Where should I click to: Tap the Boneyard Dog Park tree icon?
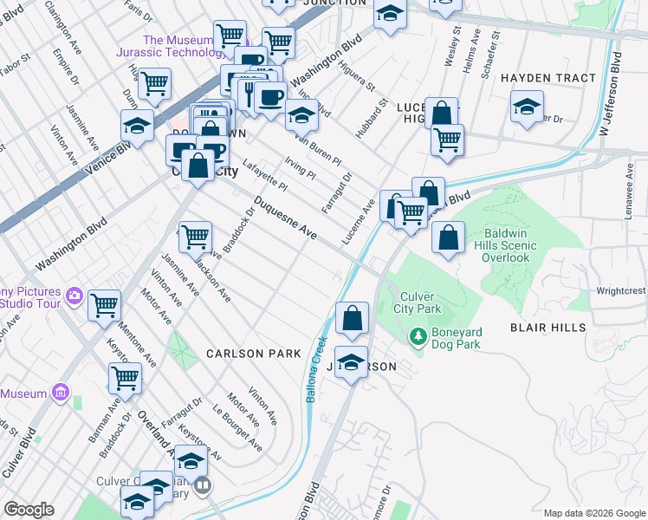coord(418,334)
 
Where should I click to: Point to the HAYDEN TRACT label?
coord(549,78)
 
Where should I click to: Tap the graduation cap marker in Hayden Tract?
coord(526,107)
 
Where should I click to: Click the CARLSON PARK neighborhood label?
coord(253,354)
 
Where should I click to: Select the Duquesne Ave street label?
coord(285,219)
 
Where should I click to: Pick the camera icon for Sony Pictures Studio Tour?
coord(75,296)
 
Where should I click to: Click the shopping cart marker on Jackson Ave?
coord(195,235)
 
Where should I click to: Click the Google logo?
coord(29,510)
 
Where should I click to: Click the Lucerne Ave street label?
coord(357,222)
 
